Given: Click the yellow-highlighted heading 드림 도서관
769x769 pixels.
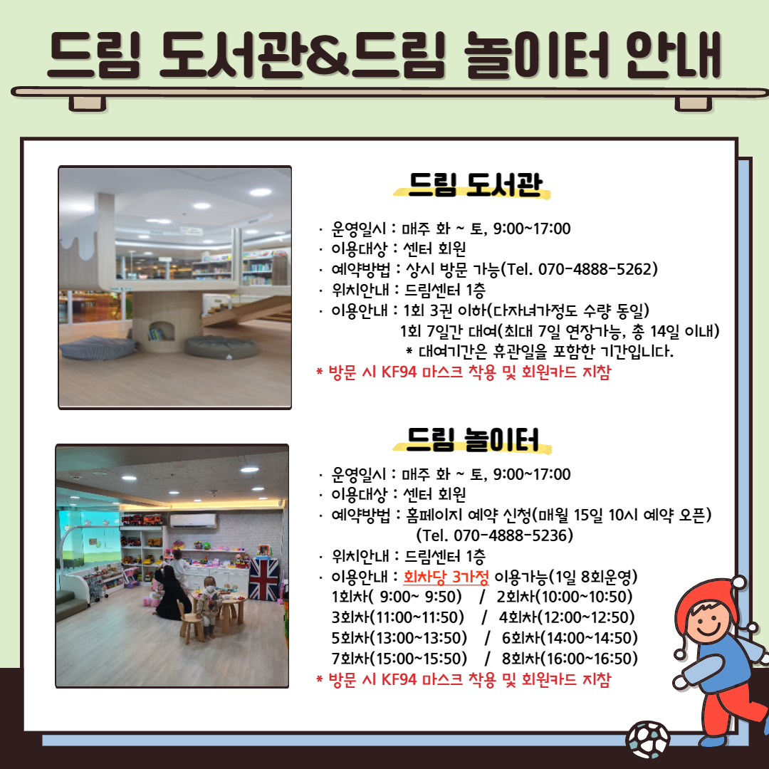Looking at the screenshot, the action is tap(474, 185).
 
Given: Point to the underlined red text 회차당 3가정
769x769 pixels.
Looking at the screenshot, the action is tap(446, 576).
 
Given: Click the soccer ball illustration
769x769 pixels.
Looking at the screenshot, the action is tap(647, 740).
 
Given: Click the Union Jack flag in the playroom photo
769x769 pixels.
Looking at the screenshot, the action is tap(263, 579).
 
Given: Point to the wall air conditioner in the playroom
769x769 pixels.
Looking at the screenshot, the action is tap(193, 520).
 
